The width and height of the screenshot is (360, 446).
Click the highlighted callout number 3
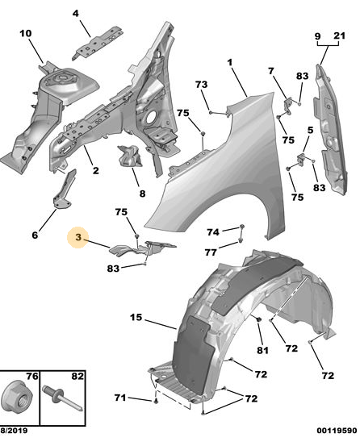click(x=78, y=237)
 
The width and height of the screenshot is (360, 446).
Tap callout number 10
click(x=26, y=34)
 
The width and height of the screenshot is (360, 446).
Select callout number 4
click(x=75, y=14)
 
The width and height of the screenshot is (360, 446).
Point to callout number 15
click(x=136, y=317)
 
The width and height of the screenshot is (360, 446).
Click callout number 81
click(x=262, y=350)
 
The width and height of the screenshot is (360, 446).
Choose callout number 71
click(x=120, y=398)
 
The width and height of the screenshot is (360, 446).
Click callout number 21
click(x=340, y=35)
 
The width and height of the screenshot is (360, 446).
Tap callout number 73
click(x=201, y=85)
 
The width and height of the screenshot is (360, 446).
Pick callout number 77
click(x=211, y=252)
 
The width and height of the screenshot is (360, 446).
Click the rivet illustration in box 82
click(x=63, y=398)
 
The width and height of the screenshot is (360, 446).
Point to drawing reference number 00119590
click(x=337, y=431)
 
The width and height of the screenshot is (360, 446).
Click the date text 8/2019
click(x=14, y=431)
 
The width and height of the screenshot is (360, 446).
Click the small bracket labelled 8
click(x=130, y=156)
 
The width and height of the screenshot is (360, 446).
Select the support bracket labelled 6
click(x=65, y=190)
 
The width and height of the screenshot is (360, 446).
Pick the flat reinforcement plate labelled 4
click(x=98, y=43)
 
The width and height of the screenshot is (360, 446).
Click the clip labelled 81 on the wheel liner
click(x=259, y=319)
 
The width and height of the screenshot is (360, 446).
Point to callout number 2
click(x=96, y=170)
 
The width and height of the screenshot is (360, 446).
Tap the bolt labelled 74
click(x=242, y=227)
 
